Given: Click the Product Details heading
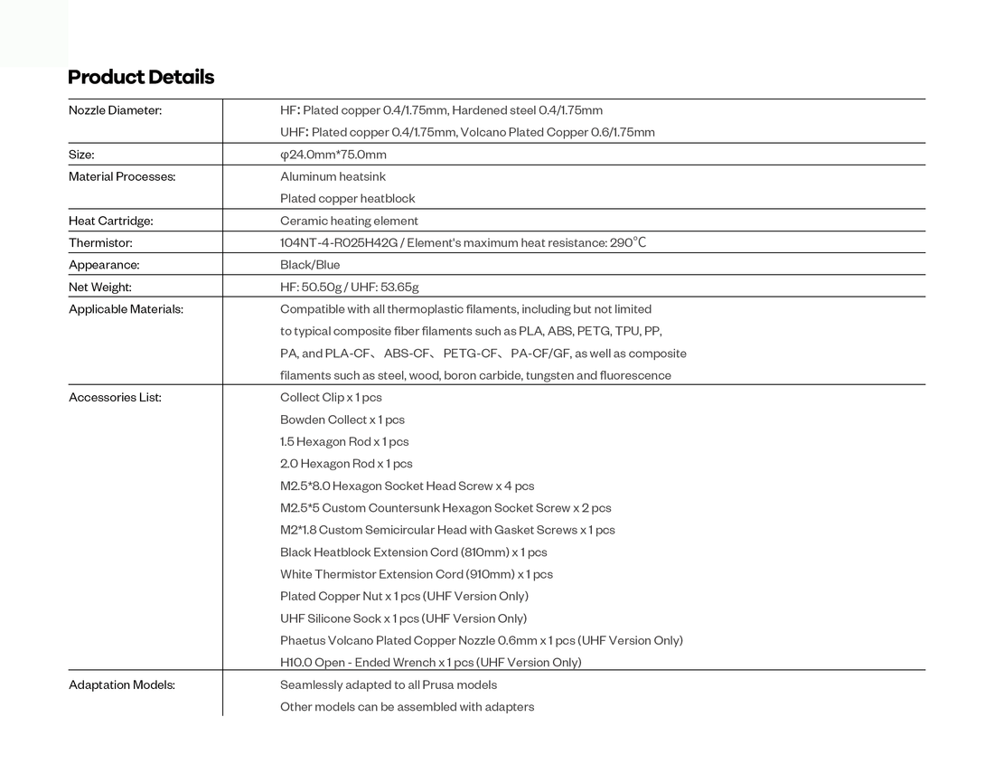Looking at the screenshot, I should [141, 77].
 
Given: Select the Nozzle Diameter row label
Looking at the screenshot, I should [115, 110].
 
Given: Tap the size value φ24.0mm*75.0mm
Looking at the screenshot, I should [333, 155].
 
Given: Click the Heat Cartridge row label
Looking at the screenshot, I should [111, 221].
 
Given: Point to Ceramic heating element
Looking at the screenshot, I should [349, 221].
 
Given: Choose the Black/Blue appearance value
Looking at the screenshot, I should [310, 265].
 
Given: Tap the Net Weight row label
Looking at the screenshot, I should [100, 288].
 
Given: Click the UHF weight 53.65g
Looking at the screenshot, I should [401, 288].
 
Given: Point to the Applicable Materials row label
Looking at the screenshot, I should [126, 309].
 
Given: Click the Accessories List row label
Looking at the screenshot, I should [115, 398].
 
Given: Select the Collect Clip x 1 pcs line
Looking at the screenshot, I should [331, 398].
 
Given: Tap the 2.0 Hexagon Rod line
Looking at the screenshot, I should [346, 464].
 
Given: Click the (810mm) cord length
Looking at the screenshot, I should [484, 552].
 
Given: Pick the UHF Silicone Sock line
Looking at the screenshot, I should [403, 618].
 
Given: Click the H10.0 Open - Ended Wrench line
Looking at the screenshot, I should [430, 663].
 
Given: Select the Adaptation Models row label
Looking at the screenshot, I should [122, 685].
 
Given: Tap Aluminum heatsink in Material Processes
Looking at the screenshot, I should [333, 176].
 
